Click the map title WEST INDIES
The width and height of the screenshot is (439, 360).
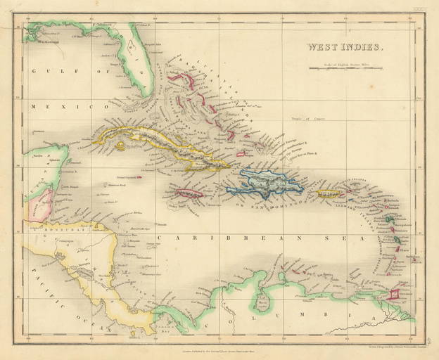click(x=344, y=49)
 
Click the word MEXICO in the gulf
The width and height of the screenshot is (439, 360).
click(x=61, y=106)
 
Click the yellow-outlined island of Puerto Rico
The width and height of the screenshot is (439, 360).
click(x=329, y=193)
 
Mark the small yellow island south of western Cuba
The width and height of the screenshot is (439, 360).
click(x=120, y=147)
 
